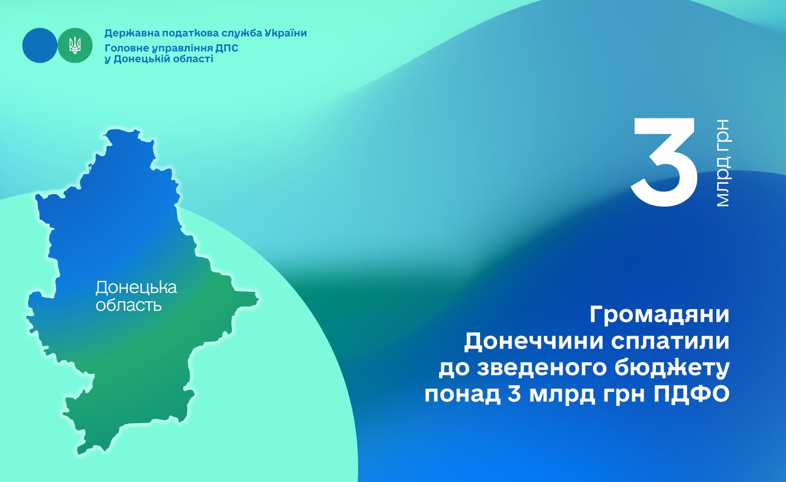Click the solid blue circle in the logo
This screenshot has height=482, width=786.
click(40, 45)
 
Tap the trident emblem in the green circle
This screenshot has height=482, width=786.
click(75, 46)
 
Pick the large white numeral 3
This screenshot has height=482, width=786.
click(664, 162)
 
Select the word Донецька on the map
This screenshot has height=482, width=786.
click(136, 288)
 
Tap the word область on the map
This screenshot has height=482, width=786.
click(128, 306)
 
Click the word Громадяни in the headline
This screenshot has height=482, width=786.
click(659, 315)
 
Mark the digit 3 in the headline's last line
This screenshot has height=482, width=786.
click(515, 394)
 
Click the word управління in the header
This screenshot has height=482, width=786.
click(182, 49)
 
